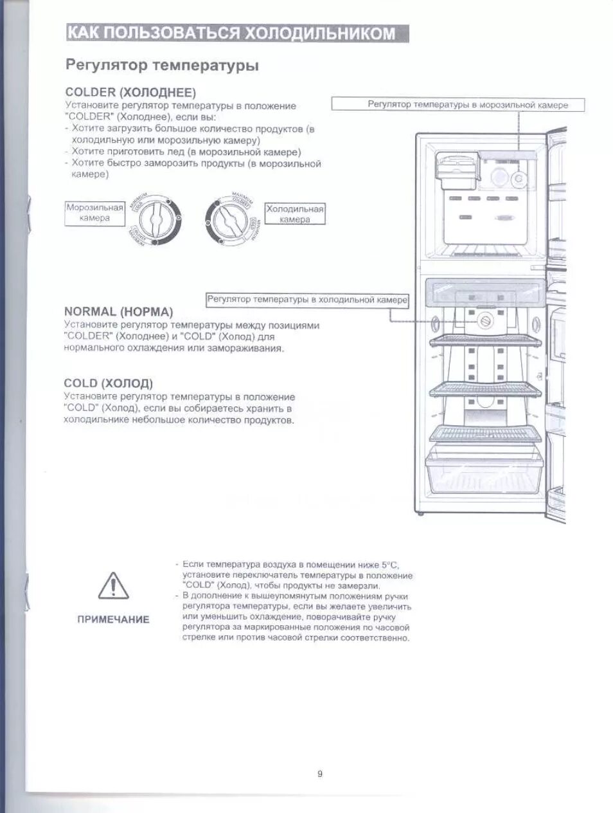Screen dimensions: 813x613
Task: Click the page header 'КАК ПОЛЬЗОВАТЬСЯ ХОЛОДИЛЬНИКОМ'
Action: tap(237, 33)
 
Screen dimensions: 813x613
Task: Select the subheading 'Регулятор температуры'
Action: tap(162, 66)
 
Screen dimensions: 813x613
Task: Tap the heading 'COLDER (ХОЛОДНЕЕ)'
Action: tap(130, 92)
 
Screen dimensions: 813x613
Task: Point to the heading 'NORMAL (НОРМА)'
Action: tap(118, 312)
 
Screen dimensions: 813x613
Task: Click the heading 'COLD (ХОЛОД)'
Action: tap(108, 383)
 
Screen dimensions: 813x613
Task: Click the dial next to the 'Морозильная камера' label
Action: tap(154, 219)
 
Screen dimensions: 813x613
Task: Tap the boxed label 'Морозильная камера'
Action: tap(94, 213)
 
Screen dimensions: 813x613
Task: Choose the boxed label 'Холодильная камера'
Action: tap(295, 214)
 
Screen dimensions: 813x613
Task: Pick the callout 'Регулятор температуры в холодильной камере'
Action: tap(307, 300)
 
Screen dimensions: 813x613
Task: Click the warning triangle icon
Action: tap(113, 585)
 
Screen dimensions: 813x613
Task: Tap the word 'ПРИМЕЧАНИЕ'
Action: tap(113, 619)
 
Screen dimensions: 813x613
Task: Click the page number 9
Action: tap(319, 774)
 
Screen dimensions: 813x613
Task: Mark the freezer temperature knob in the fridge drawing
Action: tap(519, 178)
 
